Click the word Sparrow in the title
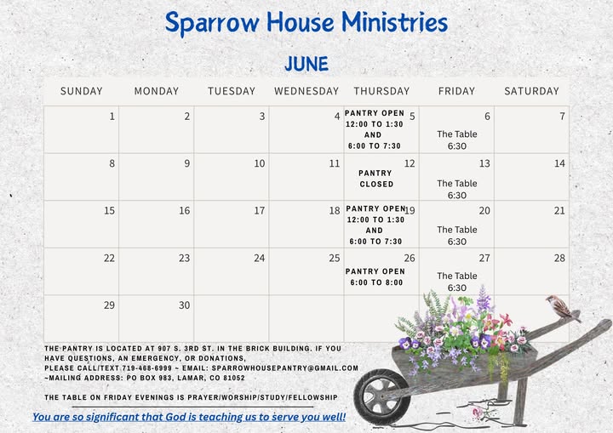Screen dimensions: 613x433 pos(212,23)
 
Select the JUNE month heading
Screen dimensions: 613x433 pos(306,64)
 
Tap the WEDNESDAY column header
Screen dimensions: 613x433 pos(306,91)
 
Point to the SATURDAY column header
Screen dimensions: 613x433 pos(531,91)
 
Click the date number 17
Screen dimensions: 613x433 pos(260,211)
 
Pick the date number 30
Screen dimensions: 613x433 pos(185,305)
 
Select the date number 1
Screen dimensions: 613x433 pos(112,117)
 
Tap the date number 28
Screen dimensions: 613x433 pos(559,258)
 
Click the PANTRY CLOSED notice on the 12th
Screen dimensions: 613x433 pos(376,179)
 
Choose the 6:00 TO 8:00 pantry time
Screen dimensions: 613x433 pos(376,282)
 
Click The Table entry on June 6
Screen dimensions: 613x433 pos(457,140)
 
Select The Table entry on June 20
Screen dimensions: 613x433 pos(457,236)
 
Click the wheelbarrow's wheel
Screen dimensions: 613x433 pos(382,396)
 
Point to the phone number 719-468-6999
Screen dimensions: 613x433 pos(146,368)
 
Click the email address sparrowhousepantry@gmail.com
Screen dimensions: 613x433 pos(285,368)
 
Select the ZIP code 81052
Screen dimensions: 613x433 pos(234,378)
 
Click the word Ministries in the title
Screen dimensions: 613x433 pos(395,22)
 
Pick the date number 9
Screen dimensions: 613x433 pos(187,163)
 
